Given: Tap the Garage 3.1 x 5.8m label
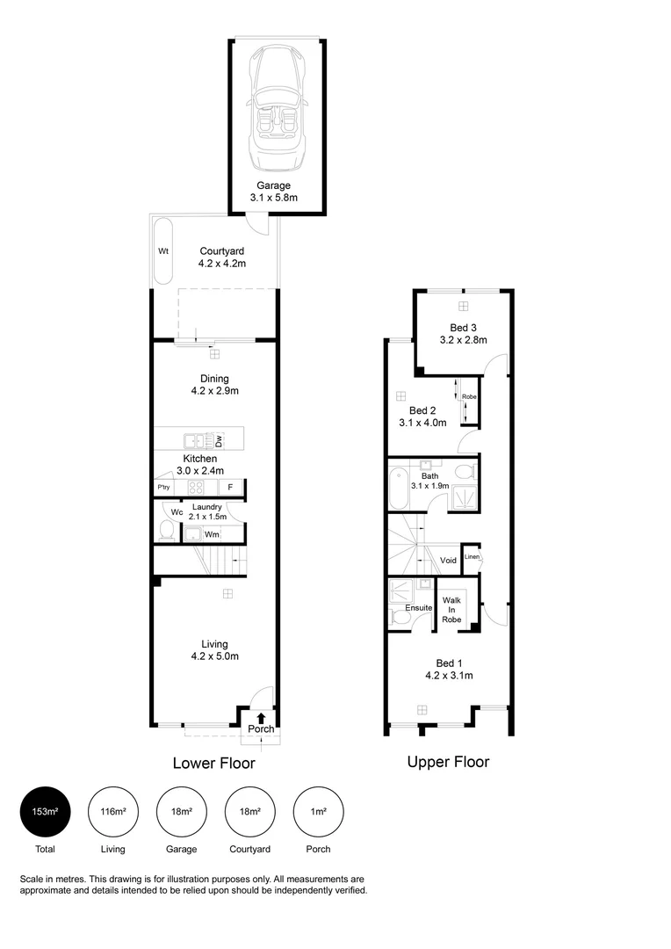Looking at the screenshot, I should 273,192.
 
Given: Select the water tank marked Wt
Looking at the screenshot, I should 162,251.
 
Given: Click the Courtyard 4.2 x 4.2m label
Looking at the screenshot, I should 222,257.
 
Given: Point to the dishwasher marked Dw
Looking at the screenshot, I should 220,441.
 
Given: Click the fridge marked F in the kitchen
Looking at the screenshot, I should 230,488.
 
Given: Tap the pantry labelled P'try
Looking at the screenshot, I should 162,488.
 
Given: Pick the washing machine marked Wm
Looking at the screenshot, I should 211,533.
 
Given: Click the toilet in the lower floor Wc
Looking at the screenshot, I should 166,531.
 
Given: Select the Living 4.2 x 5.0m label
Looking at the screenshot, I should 215,650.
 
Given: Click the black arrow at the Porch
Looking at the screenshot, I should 261,718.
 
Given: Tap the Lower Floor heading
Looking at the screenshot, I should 213,763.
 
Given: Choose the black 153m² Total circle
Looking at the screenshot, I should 44,811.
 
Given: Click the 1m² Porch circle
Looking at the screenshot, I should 319,811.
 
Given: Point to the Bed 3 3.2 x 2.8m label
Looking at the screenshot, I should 462,334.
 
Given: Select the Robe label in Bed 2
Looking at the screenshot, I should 469,396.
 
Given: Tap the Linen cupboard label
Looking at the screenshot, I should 472,557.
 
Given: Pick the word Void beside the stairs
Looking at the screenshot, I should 448,560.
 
